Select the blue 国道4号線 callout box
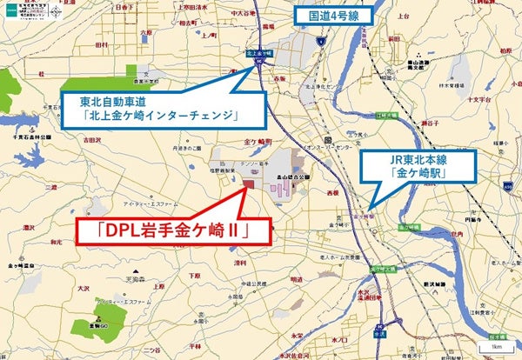point(331,14)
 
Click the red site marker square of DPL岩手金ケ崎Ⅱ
point(248,183)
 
